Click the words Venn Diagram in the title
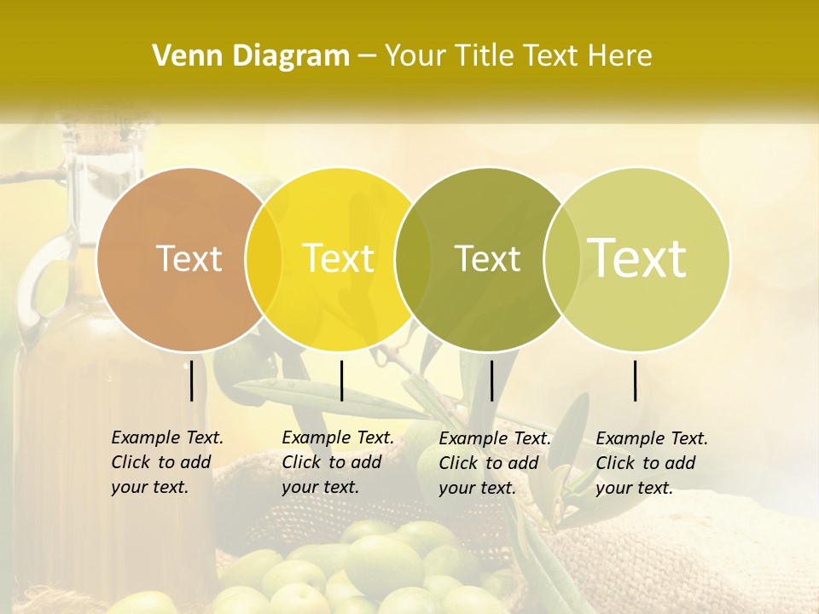coord(251,56)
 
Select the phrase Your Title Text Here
coord(519,56)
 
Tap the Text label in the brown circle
coord(189,258)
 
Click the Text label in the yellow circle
coord(339,258)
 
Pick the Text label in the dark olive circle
coord(487,258)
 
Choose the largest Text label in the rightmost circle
coord(637,258)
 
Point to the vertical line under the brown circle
coord(192,380)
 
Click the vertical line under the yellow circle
coord(341,380)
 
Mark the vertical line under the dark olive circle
coord(491,380)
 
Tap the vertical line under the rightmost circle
coord(636,380)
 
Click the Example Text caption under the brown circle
coord(167,462)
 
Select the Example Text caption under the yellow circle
coord(338,462)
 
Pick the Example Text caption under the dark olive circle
coord(495,463)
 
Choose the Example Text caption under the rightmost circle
coord(652,463)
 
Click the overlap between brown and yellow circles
coord(264,258)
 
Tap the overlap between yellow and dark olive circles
coord(413,258)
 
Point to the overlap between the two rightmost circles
coord(559,258)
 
